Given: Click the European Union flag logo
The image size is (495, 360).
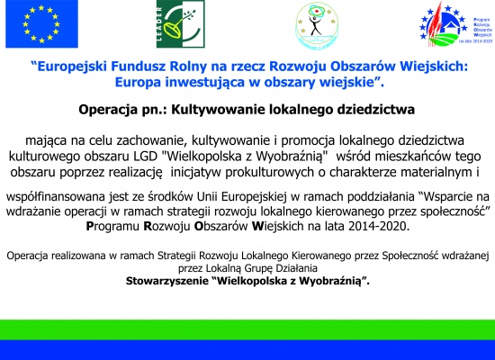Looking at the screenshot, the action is click(x=41, y=24).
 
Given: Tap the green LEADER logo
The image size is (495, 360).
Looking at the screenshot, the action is click(x=181, y=24).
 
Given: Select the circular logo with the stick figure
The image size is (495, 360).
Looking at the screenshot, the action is click(x=317, y=25).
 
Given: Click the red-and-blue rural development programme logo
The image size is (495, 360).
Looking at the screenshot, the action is click(x=455, y=24).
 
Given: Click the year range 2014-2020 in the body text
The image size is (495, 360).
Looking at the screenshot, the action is click(x=377, y=227).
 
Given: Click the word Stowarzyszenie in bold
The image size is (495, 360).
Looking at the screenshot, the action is click(x=166, y=281).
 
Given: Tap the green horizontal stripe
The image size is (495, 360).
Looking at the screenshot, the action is click(x=247, y=329).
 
